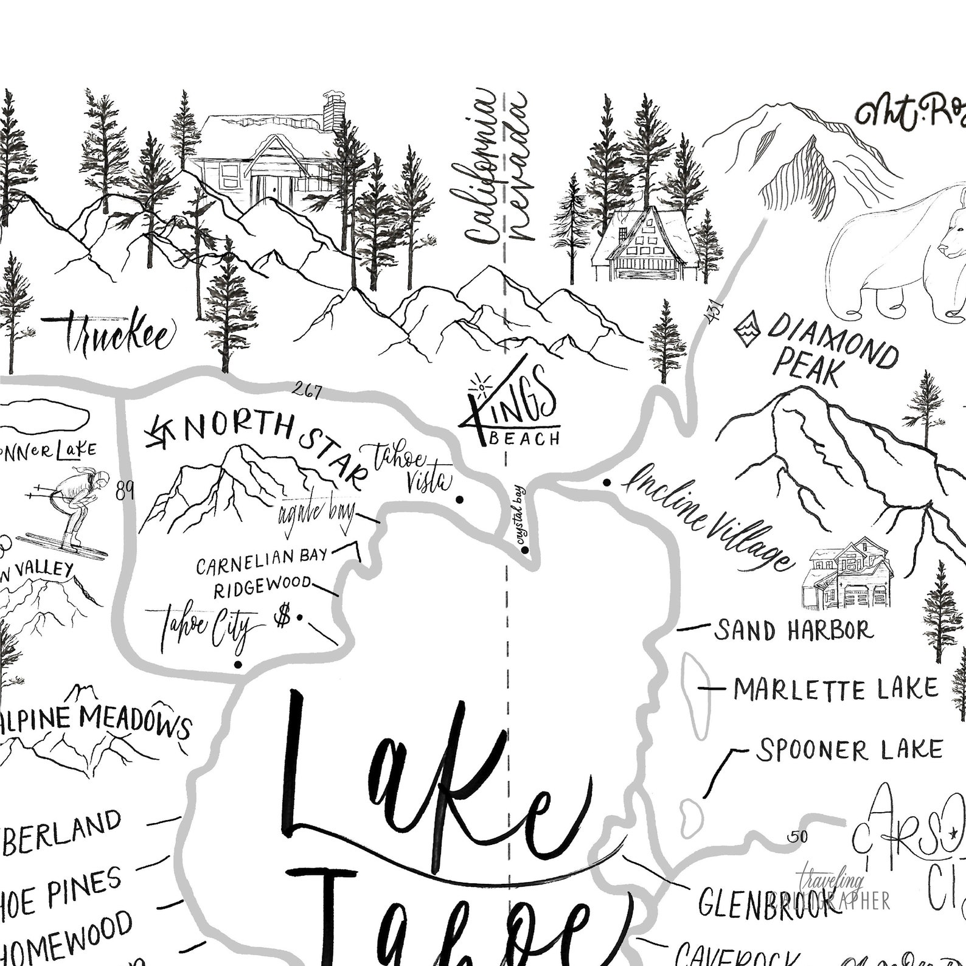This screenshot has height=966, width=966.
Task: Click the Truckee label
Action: click(116, 333)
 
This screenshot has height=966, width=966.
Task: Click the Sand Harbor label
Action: click(794, 631)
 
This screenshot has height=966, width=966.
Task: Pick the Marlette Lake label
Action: click(836, 689)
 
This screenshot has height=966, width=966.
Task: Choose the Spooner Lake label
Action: click(849, 750)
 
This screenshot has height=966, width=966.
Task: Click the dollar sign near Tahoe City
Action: click(282, 617)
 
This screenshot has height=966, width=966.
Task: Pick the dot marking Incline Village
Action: click(606, 482)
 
